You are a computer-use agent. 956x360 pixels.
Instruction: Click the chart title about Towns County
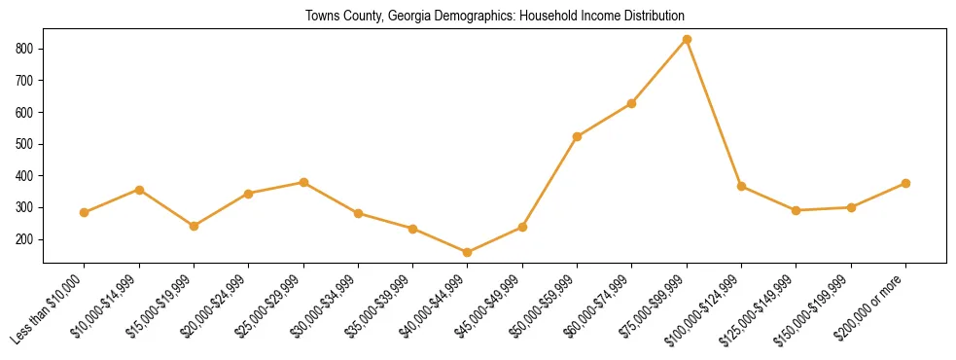pyautogui.click(x=495, y=17)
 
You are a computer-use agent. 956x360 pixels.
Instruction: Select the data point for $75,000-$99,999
pyautogui.click(x=687, y=39)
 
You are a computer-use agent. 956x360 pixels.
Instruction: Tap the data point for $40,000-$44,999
pyautogui.click(x=468, y=253)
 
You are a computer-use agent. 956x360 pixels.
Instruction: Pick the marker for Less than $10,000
pyautogui.click(x=85, y=212)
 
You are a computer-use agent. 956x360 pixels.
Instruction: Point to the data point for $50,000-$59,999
pyautogui.click(x=578, y=136)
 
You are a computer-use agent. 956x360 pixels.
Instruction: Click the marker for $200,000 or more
pyautogui.click(x=905, y=183)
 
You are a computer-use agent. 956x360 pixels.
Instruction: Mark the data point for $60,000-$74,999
pyautogui.click(x=632, y=103)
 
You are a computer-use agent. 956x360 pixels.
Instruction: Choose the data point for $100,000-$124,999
pyautogui.click(x=741, y=186)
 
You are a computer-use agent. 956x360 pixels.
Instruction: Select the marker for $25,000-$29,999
pyautogui.click(x=303, y=182)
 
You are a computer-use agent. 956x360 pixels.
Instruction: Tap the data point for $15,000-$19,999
pyautogui.click(x=194, y=226)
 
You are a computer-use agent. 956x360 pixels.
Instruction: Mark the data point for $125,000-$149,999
pyautogui.click(x=797, y=210)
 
